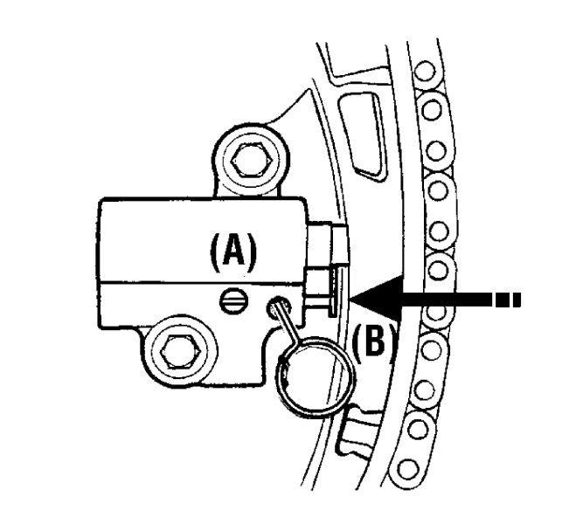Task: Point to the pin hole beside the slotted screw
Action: (278, 307)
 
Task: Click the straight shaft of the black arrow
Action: (437, 298)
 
